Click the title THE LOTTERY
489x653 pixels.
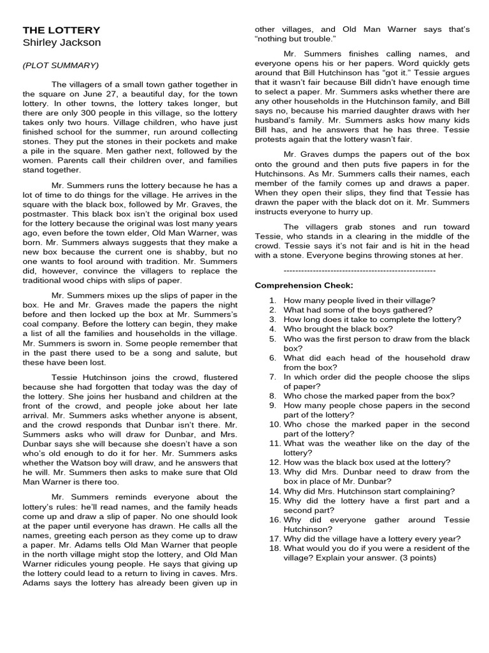point(61,30)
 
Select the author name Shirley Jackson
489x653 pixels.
point(62,43)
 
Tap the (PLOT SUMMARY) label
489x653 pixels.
point(60,65)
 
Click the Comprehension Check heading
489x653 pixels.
point(304,285)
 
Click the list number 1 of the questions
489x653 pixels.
point(273,300)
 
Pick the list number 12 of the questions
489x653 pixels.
point(274,462)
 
